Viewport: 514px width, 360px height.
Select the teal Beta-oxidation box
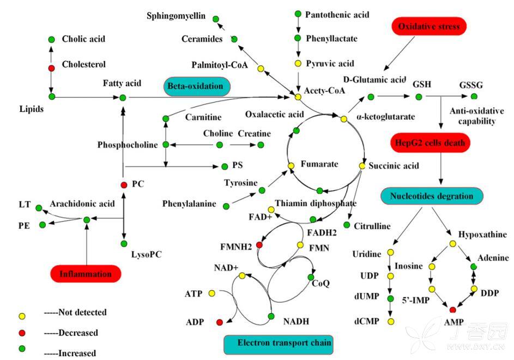[x=196, y=87]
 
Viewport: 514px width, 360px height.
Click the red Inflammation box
[x=85, y=274]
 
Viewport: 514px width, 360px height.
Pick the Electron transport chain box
[x=279, y=344]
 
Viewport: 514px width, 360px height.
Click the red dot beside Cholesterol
[x=52, y=68]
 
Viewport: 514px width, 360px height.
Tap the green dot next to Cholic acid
[x=51, y=39]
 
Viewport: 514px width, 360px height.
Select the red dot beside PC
[x=124, y=184]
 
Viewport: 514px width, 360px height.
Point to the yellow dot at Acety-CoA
[x=298, y=97]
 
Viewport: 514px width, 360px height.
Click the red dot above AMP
[x=452, y=310]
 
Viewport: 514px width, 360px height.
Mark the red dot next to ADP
[x=220, y=322]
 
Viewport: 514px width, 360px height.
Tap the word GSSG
[x=470, y=86]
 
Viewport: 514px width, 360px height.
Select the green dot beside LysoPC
[x=124, y=243]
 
